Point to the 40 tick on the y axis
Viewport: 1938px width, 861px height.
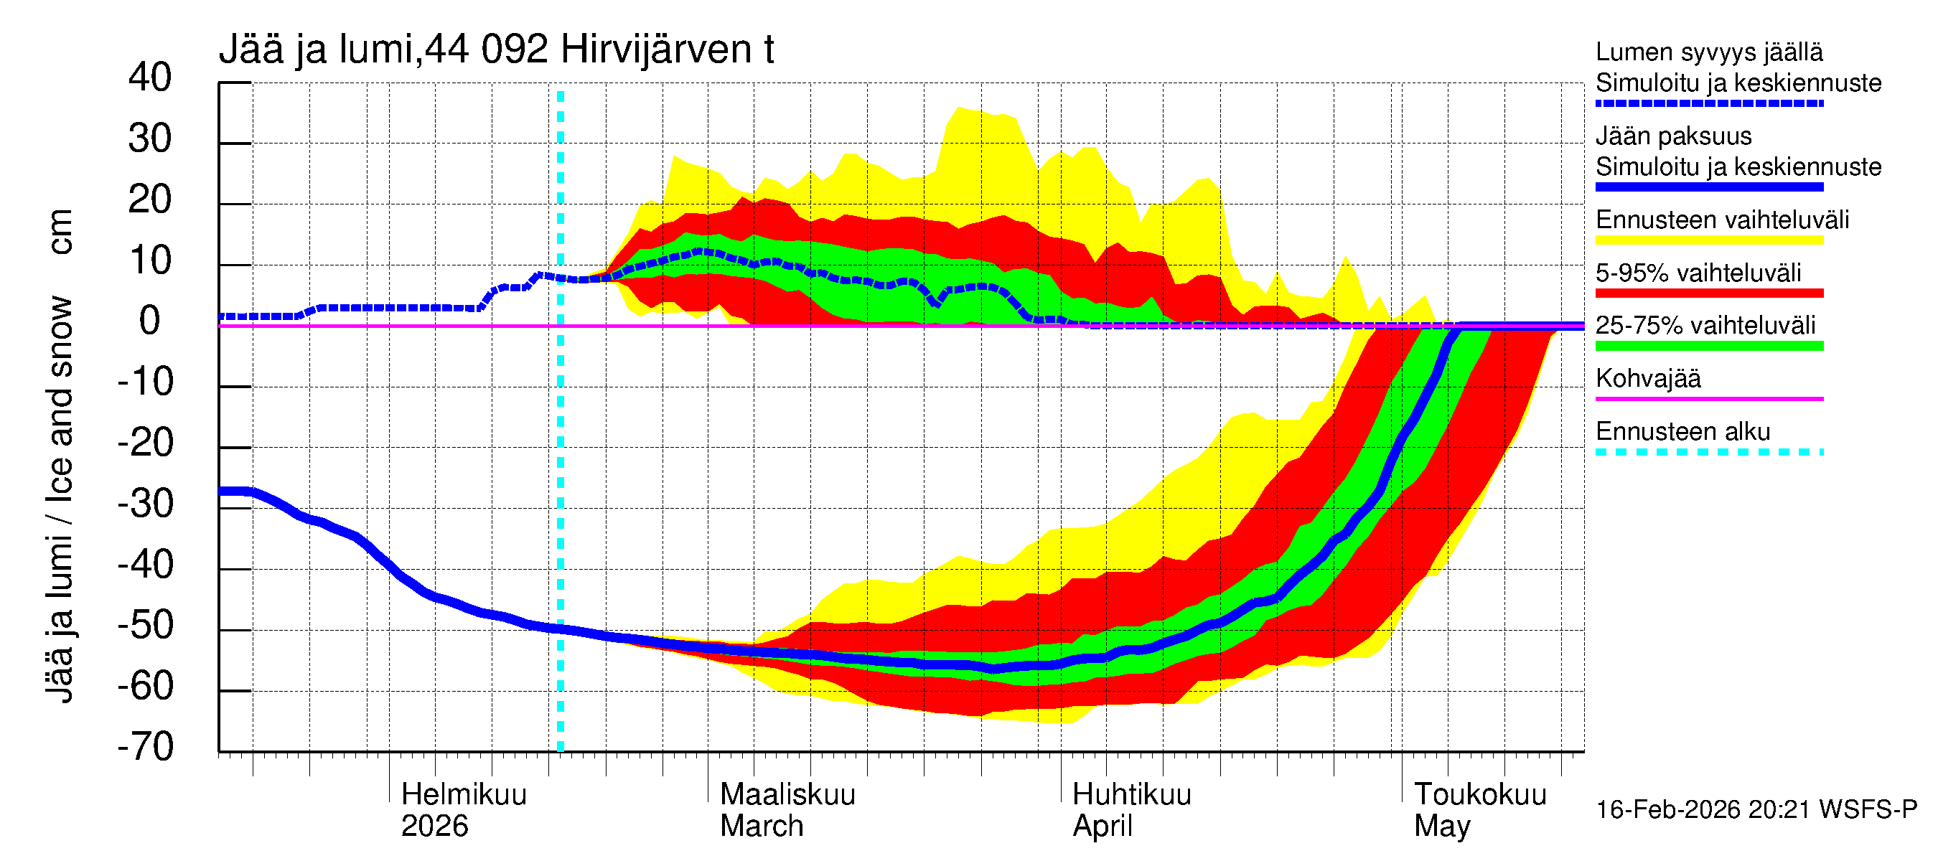150,77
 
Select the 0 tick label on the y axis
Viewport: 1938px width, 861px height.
150,321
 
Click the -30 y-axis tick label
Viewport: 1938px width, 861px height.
146,504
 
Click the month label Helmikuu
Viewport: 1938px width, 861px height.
464,794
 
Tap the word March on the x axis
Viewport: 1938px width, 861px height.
762,826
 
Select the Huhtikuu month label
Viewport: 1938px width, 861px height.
1131,794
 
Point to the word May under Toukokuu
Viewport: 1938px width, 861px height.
1441,826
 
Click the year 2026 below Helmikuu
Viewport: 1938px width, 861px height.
434,826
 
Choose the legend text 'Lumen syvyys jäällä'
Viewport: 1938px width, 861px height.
1709,52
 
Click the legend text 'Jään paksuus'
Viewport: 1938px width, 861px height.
1673,136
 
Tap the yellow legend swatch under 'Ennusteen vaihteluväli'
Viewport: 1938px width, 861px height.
1709,240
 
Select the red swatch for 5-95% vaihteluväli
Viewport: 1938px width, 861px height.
1709,293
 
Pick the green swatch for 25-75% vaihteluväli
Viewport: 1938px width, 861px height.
1709,346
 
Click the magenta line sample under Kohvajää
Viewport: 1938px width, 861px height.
1709,398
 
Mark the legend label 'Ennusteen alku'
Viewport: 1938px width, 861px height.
1683,432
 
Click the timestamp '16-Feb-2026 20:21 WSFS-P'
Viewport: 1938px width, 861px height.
1756,809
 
